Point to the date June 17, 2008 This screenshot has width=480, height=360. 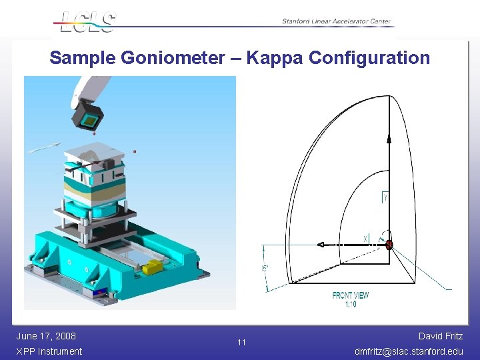46,336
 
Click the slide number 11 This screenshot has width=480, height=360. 241,343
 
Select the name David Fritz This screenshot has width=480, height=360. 440,336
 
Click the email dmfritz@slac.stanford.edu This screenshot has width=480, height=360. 408,351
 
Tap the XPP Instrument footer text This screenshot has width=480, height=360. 49,351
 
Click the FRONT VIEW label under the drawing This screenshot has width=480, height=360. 351,295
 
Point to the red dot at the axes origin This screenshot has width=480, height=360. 389,245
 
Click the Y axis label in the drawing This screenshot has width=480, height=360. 385,197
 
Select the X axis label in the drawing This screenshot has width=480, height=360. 365,238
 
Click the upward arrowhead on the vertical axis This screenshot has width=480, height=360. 389,138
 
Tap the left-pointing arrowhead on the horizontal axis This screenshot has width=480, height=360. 321,245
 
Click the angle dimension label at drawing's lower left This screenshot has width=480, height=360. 265,268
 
